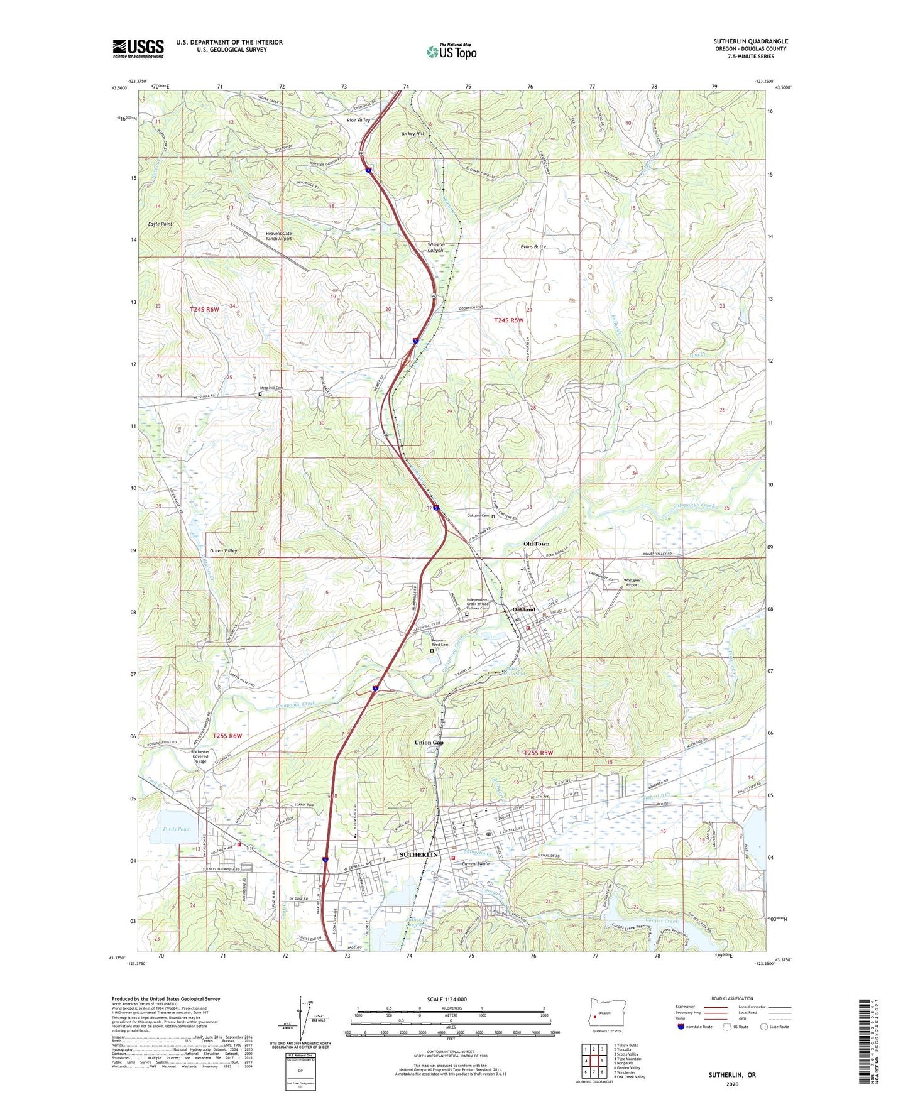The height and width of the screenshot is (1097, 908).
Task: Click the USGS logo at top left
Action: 138,48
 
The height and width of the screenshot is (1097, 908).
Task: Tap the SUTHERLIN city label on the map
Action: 418,855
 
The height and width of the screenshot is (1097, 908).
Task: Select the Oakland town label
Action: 524,609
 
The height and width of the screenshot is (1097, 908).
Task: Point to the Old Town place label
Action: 536,544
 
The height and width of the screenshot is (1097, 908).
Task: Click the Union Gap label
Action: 429,743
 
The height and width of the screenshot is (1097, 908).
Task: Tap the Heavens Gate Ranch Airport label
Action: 278,236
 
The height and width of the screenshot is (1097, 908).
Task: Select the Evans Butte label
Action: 533,247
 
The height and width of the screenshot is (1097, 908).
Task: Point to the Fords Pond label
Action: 176,829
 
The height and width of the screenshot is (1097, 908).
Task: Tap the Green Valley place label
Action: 223,551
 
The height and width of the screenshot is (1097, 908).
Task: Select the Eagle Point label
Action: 160,224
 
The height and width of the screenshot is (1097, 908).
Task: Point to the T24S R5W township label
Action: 508,320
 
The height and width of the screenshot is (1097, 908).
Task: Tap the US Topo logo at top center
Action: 451,52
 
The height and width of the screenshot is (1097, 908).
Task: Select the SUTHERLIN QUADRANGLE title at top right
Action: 750,41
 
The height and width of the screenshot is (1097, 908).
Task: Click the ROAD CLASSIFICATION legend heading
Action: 731,998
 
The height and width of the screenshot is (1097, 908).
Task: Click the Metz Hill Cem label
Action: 271,388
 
